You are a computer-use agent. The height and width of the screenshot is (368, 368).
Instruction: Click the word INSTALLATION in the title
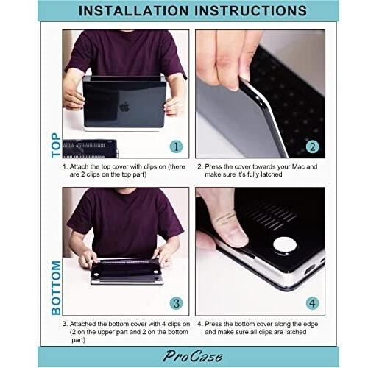pos(134,11)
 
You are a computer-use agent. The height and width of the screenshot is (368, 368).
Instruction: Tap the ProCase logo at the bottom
pos(193,356)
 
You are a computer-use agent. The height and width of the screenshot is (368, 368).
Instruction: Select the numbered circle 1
pos(176,146)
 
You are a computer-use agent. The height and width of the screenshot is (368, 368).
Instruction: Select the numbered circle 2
pos(312,146)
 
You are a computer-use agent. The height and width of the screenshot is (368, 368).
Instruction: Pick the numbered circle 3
pos(176,303)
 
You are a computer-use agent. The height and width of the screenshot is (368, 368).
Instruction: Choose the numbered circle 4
pos(312,303)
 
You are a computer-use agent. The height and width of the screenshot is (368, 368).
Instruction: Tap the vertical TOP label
pos(56,145)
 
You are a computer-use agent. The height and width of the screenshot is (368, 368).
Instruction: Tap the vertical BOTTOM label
pos(56,288)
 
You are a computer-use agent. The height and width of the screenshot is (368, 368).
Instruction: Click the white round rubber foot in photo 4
pos(285,246)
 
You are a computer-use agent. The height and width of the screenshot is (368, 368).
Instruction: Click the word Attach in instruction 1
pos(79,166)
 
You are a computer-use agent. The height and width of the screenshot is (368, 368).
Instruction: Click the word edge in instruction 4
pos(311,325)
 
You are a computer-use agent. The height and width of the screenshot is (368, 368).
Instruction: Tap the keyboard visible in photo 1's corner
pos(90,149)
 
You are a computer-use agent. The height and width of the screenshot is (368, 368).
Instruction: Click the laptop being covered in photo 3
pos(127,271)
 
